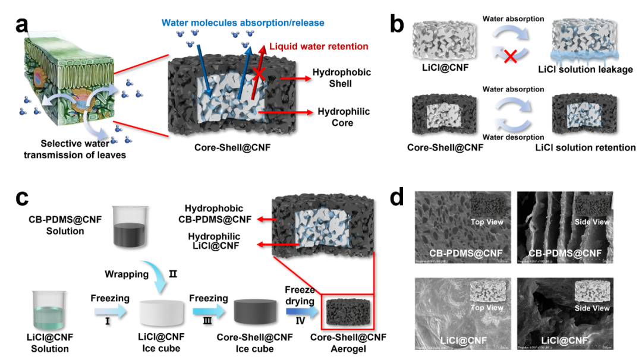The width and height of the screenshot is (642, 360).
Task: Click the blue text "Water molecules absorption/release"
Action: pyautogui.click(x=243, y=23)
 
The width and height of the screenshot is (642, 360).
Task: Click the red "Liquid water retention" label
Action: pyautogui.click(x=319, y=46)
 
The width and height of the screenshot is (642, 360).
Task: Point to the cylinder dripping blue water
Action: pyautogui.click(x=581, y=42)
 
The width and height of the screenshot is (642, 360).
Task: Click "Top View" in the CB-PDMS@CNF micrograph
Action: pyautogui.click(x=487, y=222)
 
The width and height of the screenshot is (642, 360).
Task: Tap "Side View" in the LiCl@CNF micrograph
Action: pyautogui.click(x=592, y=308)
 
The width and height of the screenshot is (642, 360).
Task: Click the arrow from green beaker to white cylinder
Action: pyautogui.click(x=110, y=311)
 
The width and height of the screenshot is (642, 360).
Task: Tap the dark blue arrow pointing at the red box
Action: pyautogui.click(x=302, y=311)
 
